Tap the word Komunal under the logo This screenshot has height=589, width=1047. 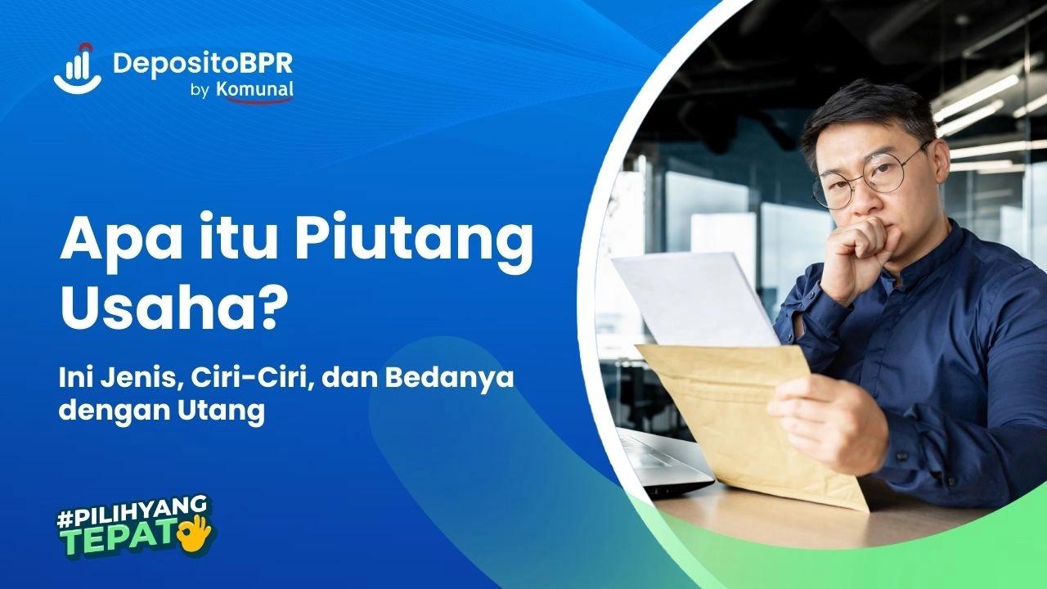pyautogui.click(x=254, y=90)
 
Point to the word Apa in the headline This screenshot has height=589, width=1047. pyautogui.click(x=112, y=242)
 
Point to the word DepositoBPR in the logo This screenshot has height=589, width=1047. pyautogui.click(x=202, y=63)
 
